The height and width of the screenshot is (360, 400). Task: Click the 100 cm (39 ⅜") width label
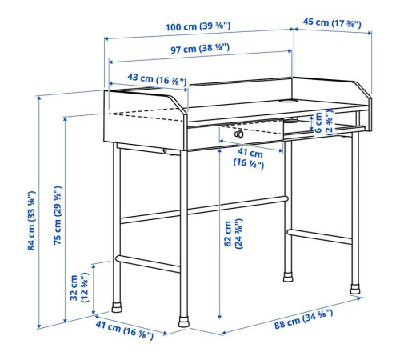point(198,26)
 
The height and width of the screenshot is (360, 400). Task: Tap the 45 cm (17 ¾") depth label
point(332,22)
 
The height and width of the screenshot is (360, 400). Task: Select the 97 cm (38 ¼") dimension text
point(200,49)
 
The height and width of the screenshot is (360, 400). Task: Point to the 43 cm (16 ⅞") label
point(157,79)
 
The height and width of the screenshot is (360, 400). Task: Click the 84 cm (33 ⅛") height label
point(31,221)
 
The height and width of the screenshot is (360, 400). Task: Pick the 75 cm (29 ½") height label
point(58,215)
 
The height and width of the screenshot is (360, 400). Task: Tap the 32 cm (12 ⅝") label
point(79,287)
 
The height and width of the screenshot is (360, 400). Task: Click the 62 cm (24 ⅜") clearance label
point(234,234)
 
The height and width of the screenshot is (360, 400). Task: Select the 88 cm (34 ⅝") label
point(304,318)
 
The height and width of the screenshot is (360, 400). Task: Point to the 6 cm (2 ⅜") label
point(324,122)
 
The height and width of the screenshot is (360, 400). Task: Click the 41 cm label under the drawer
point(249,158)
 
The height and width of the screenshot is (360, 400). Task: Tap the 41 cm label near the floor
point(125,330)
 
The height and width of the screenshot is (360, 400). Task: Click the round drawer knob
point(239,134)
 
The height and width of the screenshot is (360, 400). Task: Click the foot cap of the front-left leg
point(184,322)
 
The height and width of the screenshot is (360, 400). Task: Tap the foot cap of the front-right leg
point(355,289)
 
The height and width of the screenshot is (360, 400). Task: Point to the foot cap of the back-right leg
point(288,277)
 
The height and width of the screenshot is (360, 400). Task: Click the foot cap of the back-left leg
point(117,307)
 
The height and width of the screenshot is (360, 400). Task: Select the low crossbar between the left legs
point(148,263)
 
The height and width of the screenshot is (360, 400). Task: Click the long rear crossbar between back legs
point(204,210)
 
